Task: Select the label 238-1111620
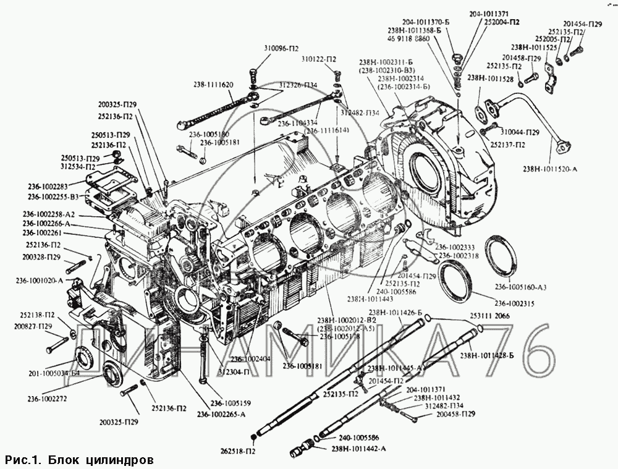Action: click(x=209, y=84)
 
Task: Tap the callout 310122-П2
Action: click(x=319, y=59)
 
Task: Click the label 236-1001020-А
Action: click(x=40, y=280)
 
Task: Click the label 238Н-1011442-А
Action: click(x=360, y=449)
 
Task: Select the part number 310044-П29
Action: click(x=520, y=133)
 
